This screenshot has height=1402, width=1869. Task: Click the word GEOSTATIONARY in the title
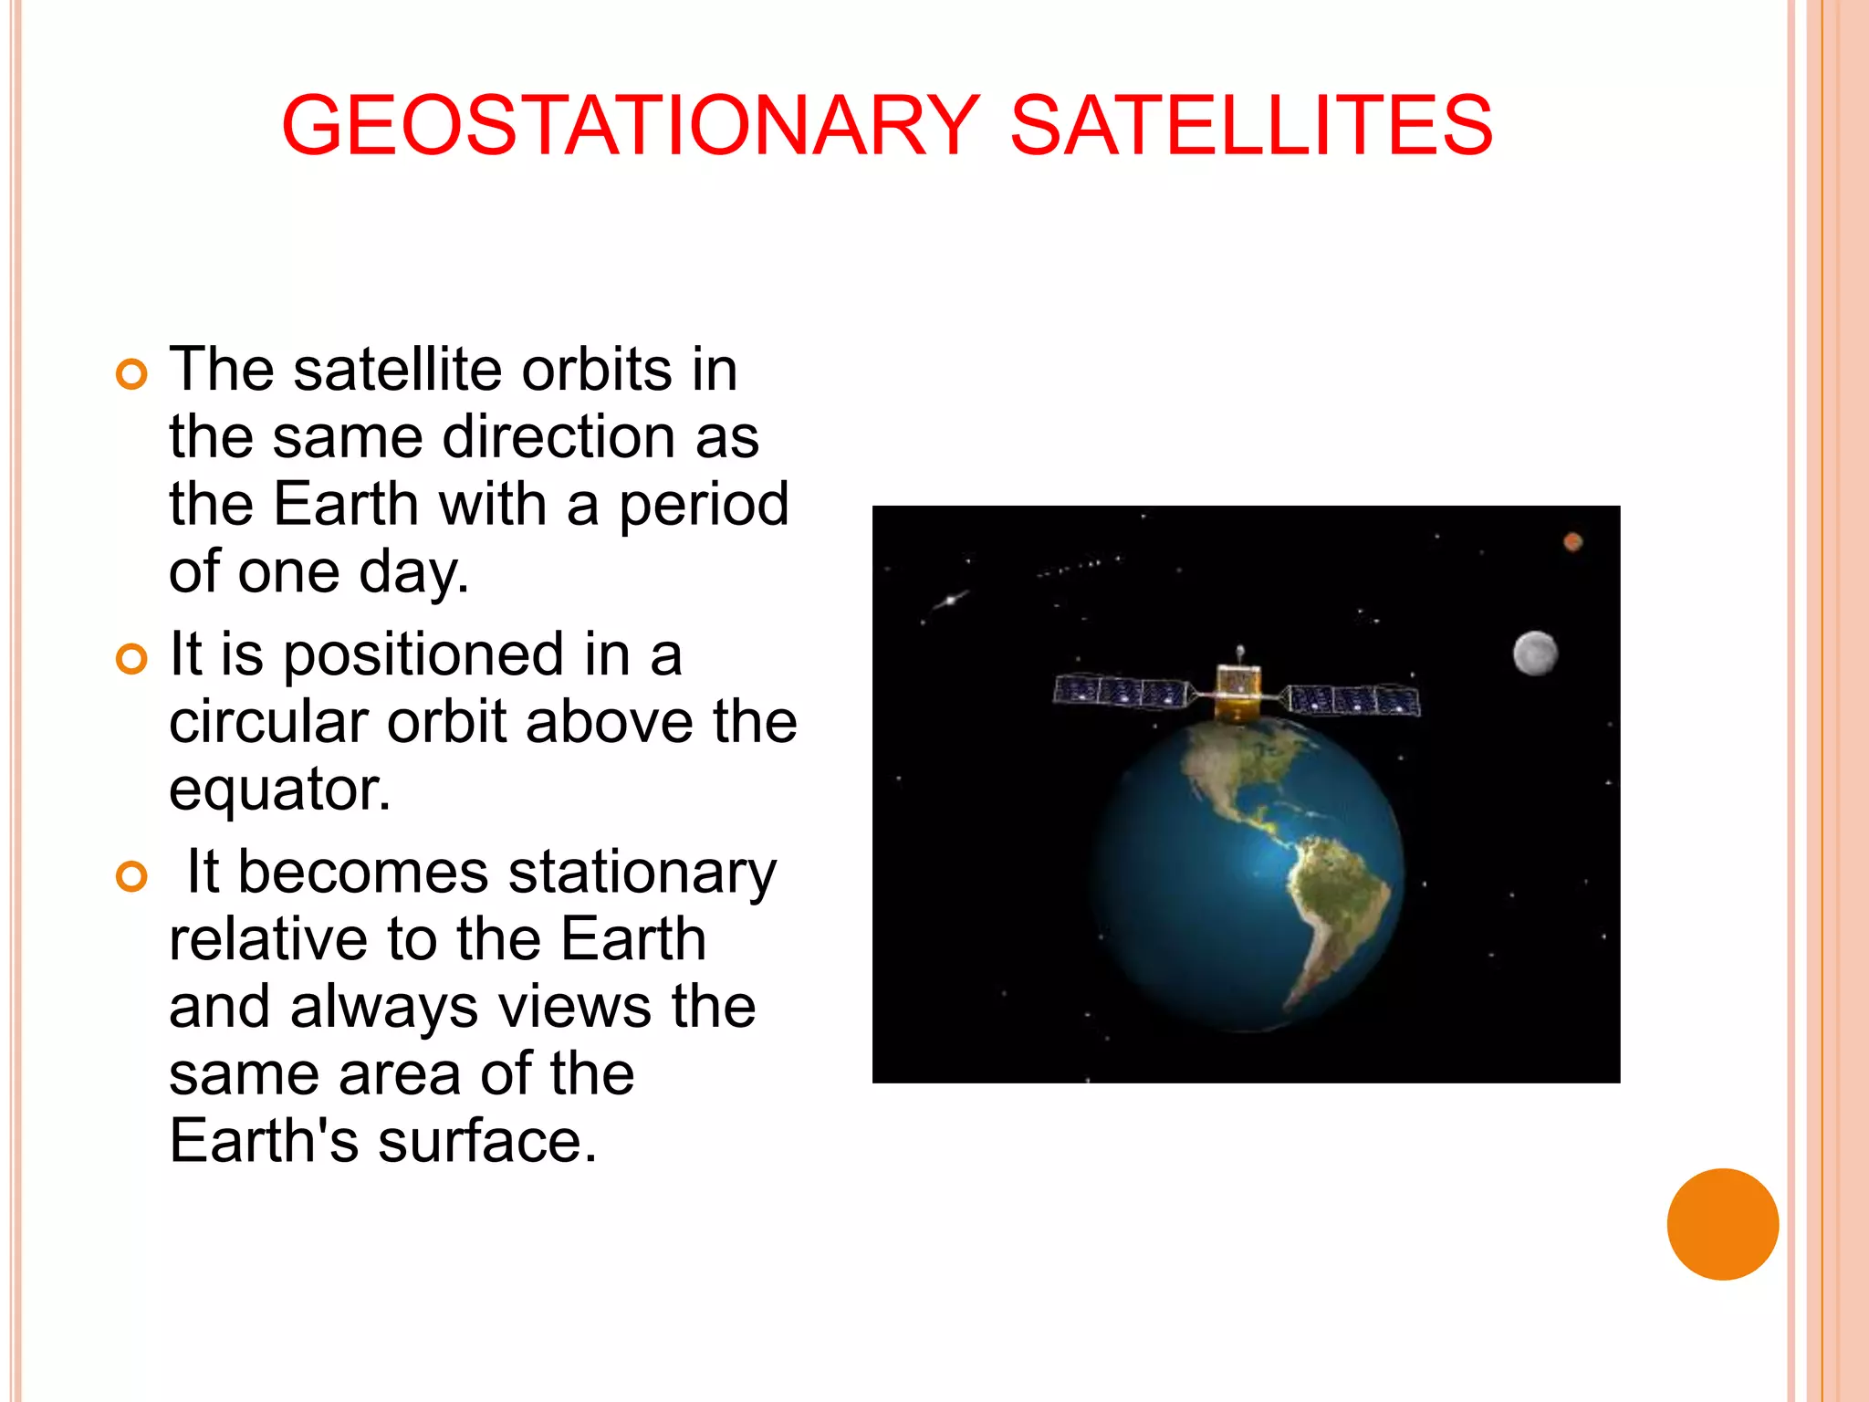[630, 125]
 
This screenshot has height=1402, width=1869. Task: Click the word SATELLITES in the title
[1251, 125]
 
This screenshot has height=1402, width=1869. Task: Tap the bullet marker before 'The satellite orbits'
[132, 374]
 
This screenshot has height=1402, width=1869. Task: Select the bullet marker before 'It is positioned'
[132, 659]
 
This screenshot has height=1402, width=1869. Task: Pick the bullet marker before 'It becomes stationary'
[132, 876]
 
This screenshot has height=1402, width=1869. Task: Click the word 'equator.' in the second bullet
[280, 790]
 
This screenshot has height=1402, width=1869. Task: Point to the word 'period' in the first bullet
[704, 505]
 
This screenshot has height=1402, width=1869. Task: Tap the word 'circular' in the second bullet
[268, 722]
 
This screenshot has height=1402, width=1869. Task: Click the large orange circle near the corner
[1722, 1224]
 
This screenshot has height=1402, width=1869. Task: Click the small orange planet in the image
[1572, 542]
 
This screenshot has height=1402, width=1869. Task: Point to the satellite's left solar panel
[1121, 692]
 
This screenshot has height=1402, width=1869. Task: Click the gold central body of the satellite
[1238, 690]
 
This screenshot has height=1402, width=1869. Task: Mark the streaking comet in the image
[950, 600]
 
